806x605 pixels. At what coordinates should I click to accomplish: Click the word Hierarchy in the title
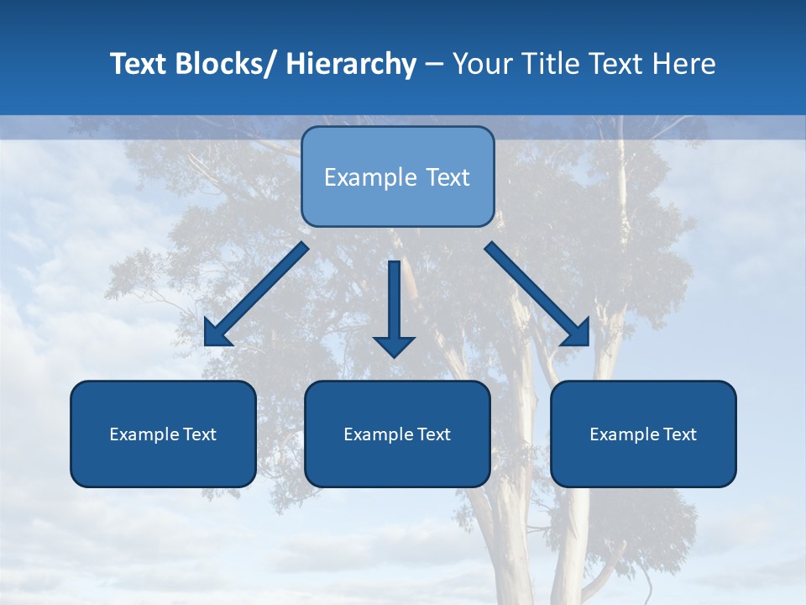click(x=351, y=64)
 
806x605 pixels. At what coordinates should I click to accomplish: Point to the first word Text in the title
click(x=139, y=64)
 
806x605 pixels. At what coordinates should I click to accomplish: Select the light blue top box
click(x=397, y=176)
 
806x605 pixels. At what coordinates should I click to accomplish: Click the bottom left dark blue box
click(x=163, y=434)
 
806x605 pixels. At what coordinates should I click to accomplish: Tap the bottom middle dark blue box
click(x=397, y=434)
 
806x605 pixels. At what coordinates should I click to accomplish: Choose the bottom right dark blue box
click(x=643, y=434)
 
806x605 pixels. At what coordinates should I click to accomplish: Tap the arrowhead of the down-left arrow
click(x=216, y=334)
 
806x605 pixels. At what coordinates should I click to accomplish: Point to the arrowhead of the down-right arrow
click(x=578, y=334)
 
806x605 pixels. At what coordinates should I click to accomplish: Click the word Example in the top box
click(x=364, y=177)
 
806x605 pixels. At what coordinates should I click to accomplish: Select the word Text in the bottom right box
click(x=678, y=434)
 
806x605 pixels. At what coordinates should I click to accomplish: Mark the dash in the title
click(x=434, y=64)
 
